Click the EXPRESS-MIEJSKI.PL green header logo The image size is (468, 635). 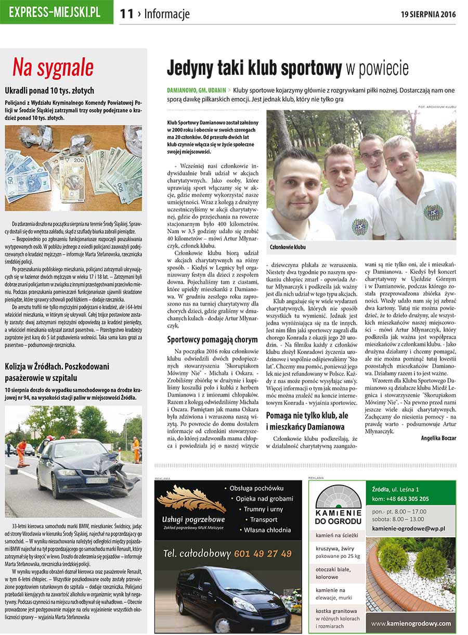click(56, 12)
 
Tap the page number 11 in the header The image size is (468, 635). click(127, 14)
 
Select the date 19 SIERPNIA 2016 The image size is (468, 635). click(428, 14)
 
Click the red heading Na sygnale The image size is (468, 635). click(53, 68)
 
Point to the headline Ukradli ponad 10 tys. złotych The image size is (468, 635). click(49, 91)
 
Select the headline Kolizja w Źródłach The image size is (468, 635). click(49, 367)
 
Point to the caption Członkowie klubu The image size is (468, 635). click(288, 247)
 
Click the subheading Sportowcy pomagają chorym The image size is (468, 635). click(212, 340)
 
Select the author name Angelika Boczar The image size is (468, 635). click(438, 438)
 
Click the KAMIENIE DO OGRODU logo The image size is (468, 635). click(339, 505)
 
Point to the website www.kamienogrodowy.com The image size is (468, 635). click(411, 623)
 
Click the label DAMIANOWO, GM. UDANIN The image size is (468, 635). click(196, 90)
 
